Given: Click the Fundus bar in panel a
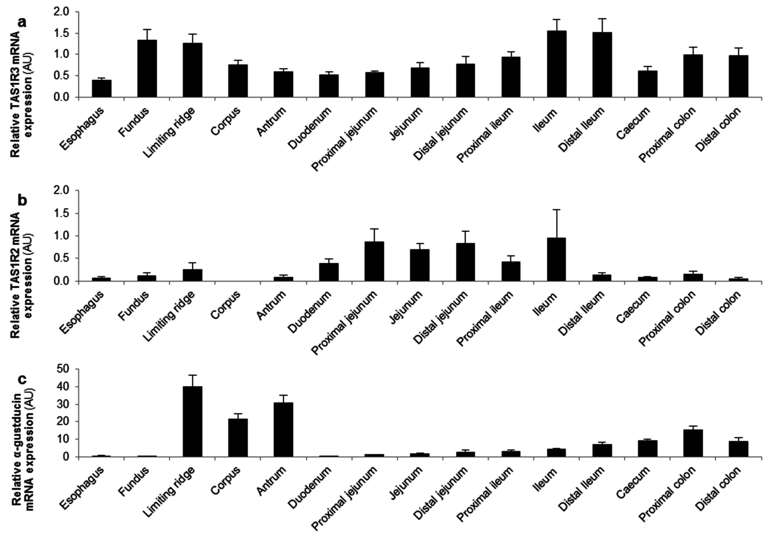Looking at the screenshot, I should (x=147, y=69).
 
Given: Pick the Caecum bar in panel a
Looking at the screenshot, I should (x=647, y=84).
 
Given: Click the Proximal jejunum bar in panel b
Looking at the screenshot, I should (x=374, y=261).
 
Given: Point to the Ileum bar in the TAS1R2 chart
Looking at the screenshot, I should (x=557, y=259).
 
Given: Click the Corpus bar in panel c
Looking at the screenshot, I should (x=238, y=437).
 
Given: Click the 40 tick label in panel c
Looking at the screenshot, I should (x=65, y=387).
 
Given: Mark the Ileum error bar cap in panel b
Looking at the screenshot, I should (x=557, y=210).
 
